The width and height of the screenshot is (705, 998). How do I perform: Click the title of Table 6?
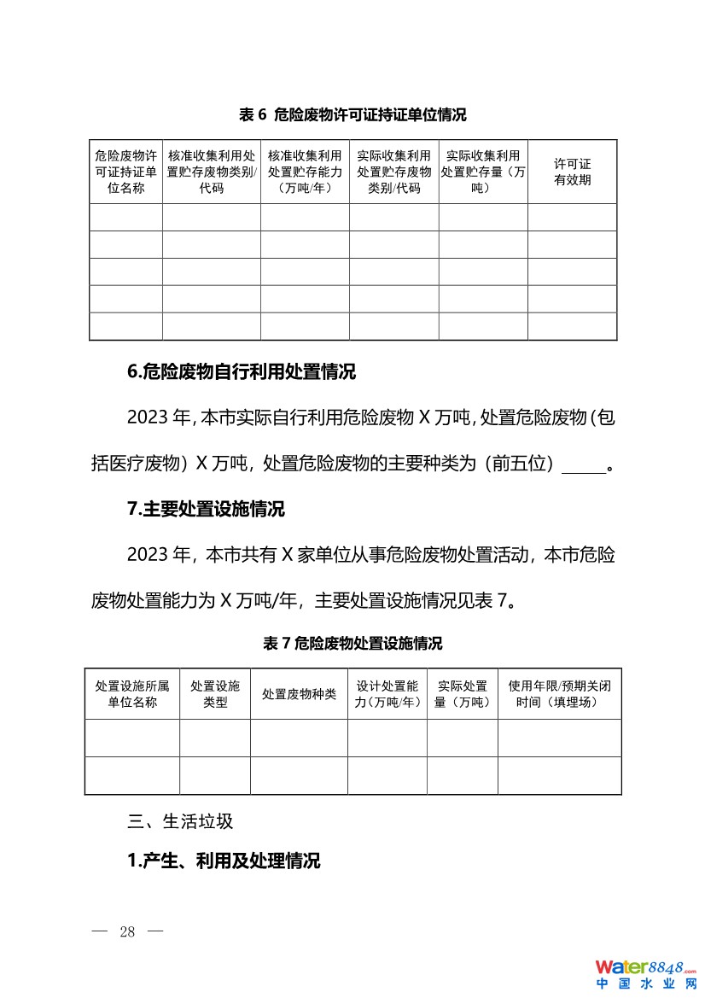(352, 114)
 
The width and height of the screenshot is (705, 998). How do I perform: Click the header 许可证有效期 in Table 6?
(572, 172)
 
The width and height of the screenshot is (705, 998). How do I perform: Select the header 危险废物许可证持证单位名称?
(125, 172)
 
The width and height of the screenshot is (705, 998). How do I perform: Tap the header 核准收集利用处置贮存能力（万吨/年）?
(305, 172)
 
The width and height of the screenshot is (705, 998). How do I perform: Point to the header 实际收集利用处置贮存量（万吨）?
(483, 172)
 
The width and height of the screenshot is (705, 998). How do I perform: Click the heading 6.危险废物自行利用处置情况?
(242, 372)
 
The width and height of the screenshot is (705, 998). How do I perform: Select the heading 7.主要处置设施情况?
(206, 510)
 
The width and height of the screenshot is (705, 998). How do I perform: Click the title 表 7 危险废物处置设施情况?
(352, 644)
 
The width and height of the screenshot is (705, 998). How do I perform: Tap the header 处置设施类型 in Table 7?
(215, 694)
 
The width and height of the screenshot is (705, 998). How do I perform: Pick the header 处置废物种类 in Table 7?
(299, 694)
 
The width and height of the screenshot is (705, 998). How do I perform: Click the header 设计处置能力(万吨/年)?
(387, 694)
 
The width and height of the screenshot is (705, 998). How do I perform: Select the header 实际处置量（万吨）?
(463, 694)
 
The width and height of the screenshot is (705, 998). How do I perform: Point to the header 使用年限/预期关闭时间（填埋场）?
(559, 694)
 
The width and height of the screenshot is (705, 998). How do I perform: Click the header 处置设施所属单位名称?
(132, 694)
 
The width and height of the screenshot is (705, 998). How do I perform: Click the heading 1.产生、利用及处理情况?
(224, 861)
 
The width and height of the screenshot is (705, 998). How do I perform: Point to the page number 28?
(128, 931)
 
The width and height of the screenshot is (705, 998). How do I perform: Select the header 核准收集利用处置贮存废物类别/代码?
(212, 172)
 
